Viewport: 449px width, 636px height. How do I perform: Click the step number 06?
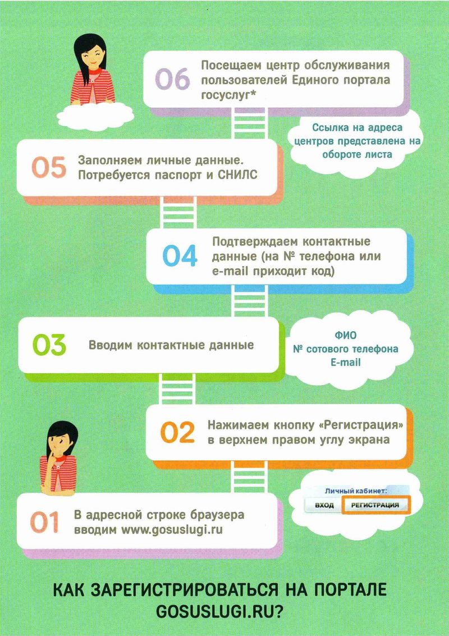coord(172,80)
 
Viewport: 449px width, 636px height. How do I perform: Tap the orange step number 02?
coord(177,432)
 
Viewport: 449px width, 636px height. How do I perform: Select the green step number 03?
coord(49,345)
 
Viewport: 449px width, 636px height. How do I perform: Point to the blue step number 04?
coord(180,256)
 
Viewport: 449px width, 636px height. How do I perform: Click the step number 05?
coord(49,167)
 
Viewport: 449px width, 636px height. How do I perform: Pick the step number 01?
coord(44,521)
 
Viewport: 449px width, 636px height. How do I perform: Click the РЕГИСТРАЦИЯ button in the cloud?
coord(375,505)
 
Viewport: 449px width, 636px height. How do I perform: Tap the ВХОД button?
coord(324,505)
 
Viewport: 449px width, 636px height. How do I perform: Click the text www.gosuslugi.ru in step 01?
coord(172,530)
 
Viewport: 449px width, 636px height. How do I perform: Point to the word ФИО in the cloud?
coord(345,336)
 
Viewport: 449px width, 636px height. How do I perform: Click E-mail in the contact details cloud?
coord(346,362)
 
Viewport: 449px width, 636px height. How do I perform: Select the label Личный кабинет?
coord(356,491)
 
